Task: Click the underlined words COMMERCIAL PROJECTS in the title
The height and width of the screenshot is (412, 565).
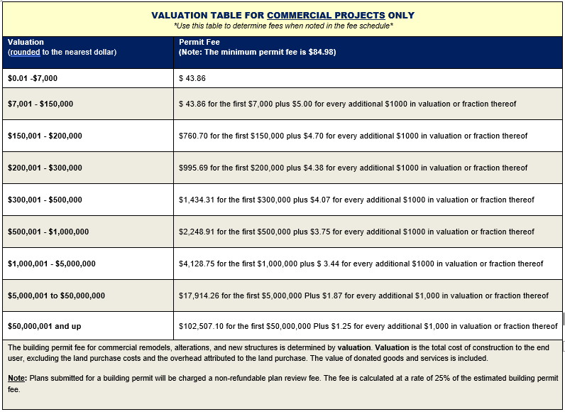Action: [x=326, y=16]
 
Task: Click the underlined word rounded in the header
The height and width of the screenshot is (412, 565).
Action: [x=26, y=53]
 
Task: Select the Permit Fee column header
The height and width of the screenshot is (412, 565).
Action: [x=199, y=42]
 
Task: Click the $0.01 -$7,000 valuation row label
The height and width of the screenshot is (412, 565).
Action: [x=33, y=79]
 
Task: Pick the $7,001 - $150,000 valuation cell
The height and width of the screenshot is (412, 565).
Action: [x=40, y=104]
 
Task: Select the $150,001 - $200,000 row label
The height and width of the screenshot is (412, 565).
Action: [x=45, y=136]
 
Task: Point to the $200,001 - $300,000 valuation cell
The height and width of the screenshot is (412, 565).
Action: [x=45, y=168]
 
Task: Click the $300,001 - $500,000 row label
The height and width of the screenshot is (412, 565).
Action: [x=45, y=200]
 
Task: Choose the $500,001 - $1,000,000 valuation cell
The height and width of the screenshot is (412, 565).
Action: [x=48, y=232]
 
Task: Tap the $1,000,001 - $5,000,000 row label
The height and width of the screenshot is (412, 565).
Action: [x=52, y=264]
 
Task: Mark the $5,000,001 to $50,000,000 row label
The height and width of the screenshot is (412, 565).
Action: [x=56, y=296]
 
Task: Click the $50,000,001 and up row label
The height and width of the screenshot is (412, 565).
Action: [x=44, y=327]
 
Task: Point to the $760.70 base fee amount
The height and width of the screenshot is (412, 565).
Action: [x=193, y=136]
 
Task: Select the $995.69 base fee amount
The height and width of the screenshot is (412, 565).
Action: [x=193, y=168]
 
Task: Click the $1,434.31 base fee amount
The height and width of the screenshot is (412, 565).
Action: [x=197, y=200]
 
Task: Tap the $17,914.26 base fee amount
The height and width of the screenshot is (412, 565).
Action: [x=199, y=296]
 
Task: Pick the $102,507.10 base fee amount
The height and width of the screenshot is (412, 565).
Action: [x=201, y=327]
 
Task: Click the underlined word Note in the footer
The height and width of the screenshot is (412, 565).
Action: [x=16, y=379]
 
